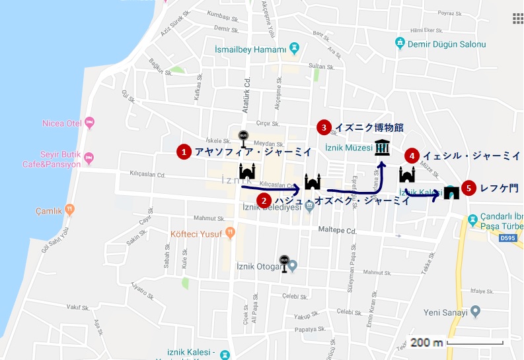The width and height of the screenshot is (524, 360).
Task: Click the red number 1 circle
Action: (183, 152)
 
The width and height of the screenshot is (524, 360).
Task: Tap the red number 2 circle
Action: (264, 200)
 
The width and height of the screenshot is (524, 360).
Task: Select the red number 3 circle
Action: (324, 127)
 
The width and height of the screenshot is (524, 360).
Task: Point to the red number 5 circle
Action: (469, 188)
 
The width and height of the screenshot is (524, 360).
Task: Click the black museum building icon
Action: (382, 148)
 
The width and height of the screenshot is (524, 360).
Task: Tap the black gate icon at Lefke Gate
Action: (452, 193)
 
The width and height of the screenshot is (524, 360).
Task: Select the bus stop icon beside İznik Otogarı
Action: (284, 262)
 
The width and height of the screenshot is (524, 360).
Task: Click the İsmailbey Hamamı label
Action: (250, 49)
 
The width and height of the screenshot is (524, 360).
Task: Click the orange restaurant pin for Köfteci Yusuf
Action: (229, 231)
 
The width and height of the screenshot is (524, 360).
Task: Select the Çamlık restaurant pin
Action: (69, 210)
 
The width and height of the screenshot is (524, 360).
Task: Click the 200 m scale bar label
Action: (426, 343)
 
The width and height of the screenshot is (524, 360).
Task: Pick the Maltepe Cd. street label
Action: (338, 231)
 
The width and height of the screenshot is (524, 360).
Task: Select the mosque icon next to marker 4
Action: (407, 175)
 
